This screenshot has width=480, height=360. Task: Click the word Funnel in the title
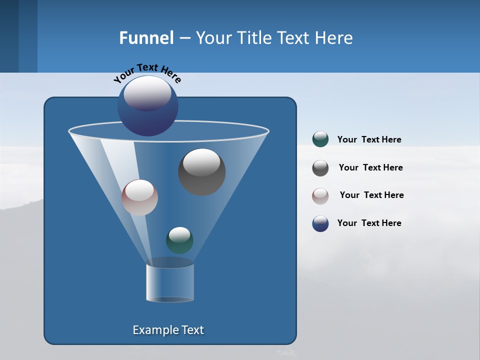click(x=146, y=38)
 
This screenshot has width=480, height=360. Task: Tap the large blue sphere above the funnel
click(x=148, y=106)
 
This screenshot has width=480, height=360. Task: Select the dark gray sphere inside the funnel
click(x=201, y=172)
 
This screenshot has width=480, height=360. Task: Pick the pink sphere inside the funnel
click(x=139, y=197)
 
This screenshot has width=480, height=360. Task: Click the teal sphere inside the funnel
click(x=179, y=240)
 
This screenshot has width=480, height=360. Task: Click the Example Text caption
click(x=168, y=330)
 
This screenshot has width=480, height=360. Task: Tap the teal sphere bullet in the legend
click(x=320, y=139)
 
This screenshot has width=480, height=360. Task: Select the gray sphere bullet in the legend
click(x=320, y=168)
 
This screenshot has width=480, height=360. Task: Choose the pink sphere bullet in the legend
click(x=320, y=196)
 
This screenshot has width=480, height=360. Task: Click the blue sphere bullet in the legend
click(x=320, y=223)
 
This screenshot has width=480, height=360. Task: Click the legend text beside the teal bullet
click(x=369, y=140)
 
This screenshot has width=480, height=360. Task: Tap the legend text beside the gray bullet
click(x=370, y=168)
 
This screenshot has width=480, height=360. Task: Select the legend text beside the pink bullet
click(x=371, y=195)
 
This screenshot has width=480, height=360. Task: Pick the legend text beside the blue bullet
click(x=369, y=223)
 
